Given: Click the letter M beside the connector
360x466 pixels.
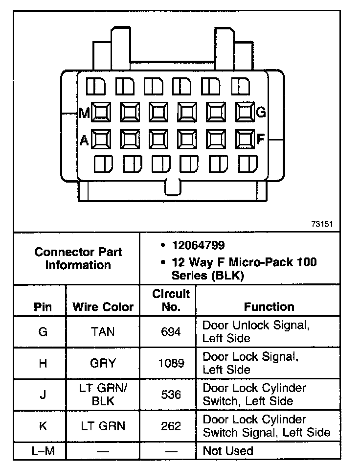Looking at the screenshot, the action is pos(85,114).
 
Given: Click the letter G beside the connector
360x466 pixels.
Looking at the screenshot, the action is pos(261,113).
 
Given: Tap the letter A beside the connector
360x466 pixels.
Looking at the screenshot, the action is pos(84,140).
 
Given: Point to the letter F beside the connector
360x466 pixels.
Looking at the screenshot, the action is pos(261,140).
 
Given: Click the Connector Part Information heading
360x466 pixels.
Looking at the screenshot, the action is pos(78,258).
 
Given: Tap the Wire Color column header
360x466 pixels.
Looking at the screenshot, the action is pos(103,307).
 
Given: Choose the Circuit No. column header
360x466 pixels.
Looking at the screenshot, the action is pos(171,301).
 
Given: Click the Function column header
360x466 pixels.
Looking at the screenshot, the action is pos(269,307).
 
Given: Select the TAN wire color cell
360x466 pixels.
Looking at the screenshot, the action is pos(103,332).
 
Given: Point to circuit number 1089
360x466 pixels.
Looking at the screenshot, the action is pos(171,364).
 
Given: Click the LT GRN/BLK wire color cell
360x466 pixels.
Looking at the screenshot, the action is pos(103,395).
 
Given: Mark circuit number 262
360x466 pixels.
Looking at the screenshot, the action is pos(171,426).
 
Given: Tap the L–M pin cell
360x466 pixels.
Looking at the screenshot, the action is pos(43,451).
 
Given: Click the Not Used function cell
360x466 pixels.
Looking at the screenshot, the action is pos(228,451).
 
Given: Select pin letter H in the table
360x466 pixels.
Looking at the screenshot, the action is pos(43,364).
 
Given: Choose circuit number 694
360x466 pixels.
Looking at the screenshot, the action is pos(171,332).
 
